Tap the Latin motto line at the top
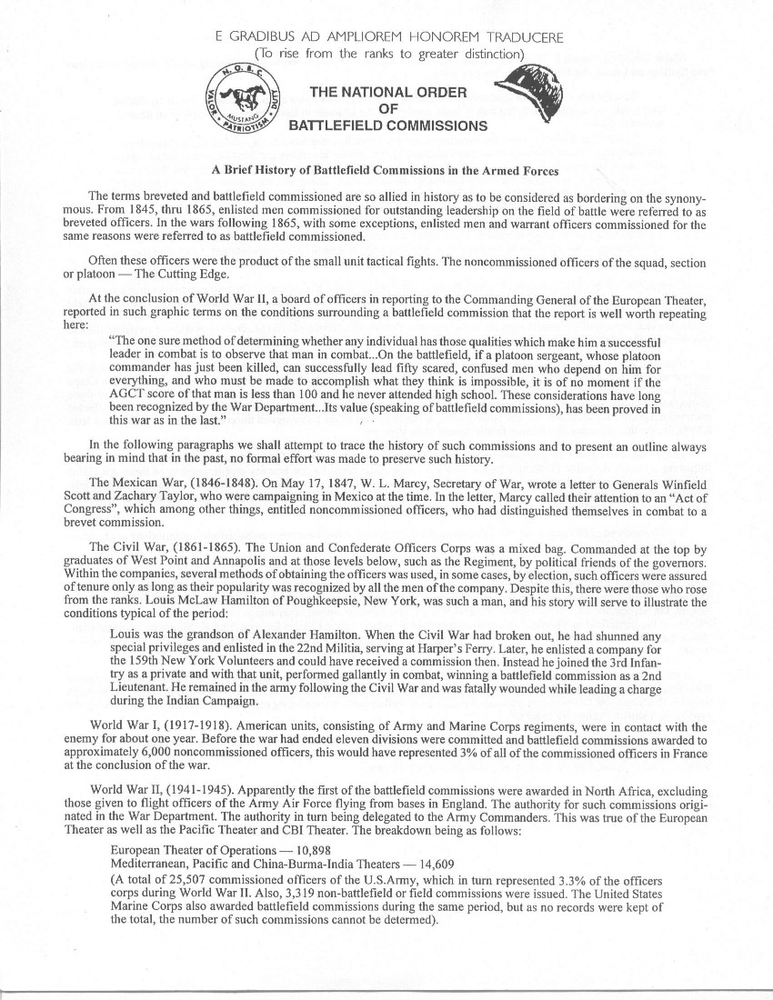pyautogui.click(x=388, y=37)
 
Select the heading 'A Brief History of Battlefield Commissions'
pyautogui.click(x=386, y=171)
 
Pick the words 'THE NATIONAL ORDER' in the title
pyautogui.click(x=388, y=92)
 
